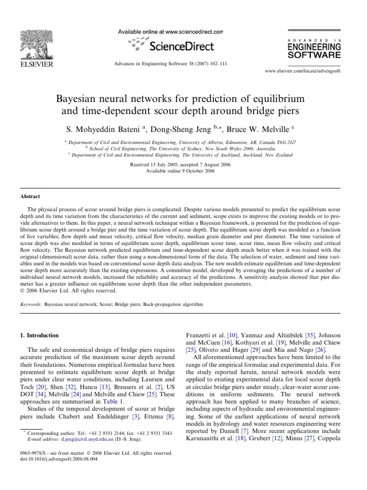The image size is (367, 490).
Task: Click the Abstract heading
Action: (30, 197)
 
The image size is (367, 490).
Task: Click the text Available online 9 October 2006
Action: (183, 170)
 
